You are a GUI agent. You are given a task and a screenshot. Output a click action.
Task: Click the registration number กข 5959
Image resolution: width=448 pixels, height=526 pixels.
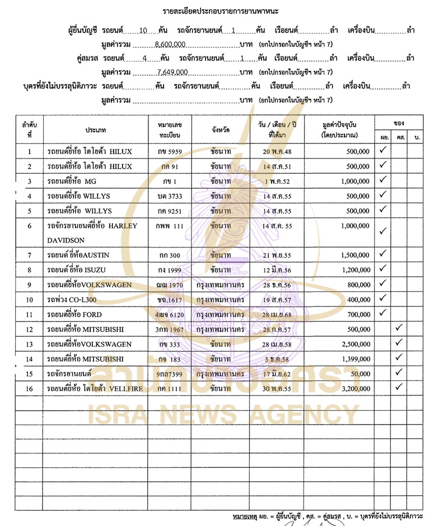click(x=170, y=151)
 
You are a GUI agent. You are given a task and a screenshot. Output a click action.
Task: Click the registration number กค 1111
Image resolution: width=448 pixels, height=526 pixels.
click(x=170, y=388)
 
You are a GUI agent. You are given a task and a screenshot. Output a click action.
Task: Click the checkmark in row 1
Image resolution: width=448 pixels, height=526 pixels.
click(x=383, y=150)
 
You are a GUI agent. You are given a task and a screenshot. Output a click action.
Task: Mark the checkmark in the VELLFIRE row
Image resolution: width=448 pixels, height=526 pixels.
click(x=399, y=387)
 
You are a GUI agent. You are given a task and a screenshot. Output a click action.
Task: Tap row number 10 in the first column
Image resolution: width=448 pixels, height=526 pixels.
click(x=29, y=300)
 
